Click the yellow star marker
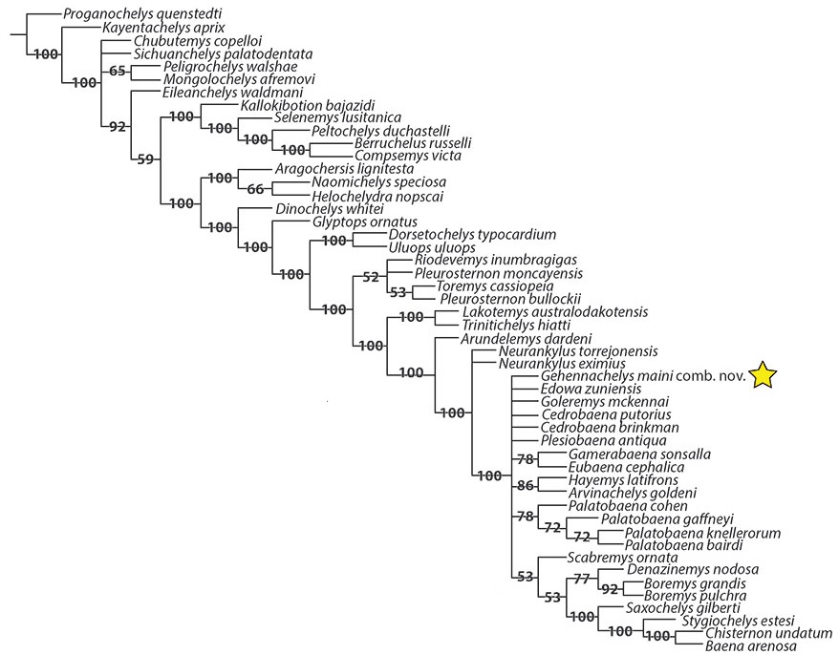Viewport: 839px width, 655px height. [764, 376]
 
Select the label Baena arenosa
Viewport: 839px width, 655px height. [749, 647]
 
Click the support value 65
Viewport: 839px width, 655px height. [118, 71]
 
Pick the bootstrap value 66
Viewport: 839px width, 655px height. [255, 189]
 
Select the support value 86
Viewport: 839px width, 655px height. [526, 486]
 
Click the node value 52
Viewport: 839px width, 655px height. [372, 278]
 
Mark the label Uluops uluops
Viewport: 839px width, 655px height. [436, 247]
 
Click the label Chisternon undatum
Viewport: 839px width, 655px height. [767, 634]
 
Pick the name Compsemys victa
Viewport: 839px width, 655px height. [407, 155]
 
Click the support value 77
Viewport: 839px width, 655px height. [583, 577]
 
